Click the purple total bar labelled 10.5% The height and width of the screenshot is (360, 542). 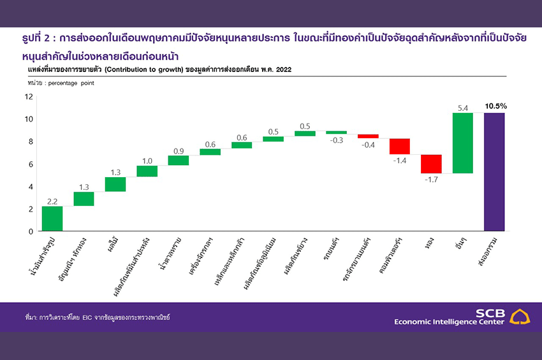pyautogui.click(x=494, y=171)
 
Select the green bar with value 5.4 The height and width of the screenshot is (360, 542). pyautogui.click(x=463, y=143)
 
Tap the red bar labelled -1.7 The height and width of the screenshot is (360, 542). pyautogui.click(x=431, y=164)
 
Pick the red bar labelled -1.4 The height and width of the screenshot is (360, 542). pyautogui.click(x=400, y=146)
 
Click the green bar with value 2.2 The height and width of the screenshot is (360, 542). pyautogui.click(x=52, y=219)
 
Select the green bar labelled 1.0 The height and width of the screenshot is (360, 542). pyautogui.click(x=147, y=171)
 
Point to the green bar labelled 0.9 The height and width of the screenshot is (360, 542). pyautogui.click(x=179, y=160)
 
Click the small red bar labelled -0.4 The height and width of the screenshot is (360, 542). pyautogui.click(x=368, y=136)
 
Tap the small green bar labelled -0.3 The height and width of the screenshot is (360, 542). pyautogui.click(x=337, y=133)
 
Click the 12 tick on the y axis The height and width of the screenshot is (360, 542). pyautogui.click(x=29, y=97)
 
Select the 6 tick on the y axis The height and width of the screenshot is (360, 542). pyautogui.click(x=30, y=164)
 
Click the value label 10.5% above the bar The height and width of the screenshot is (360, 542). pyautogui.click(x=495, y=106)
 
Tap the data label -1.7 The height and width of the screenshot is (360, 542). pyautogui.click(x=430, y=180)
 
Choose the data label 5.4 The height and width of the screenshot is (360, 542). pyautogui.click(x=462, y=108)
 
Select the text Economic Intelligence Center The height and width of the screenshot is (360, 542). pyautogui.click(x=449, y=321)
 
